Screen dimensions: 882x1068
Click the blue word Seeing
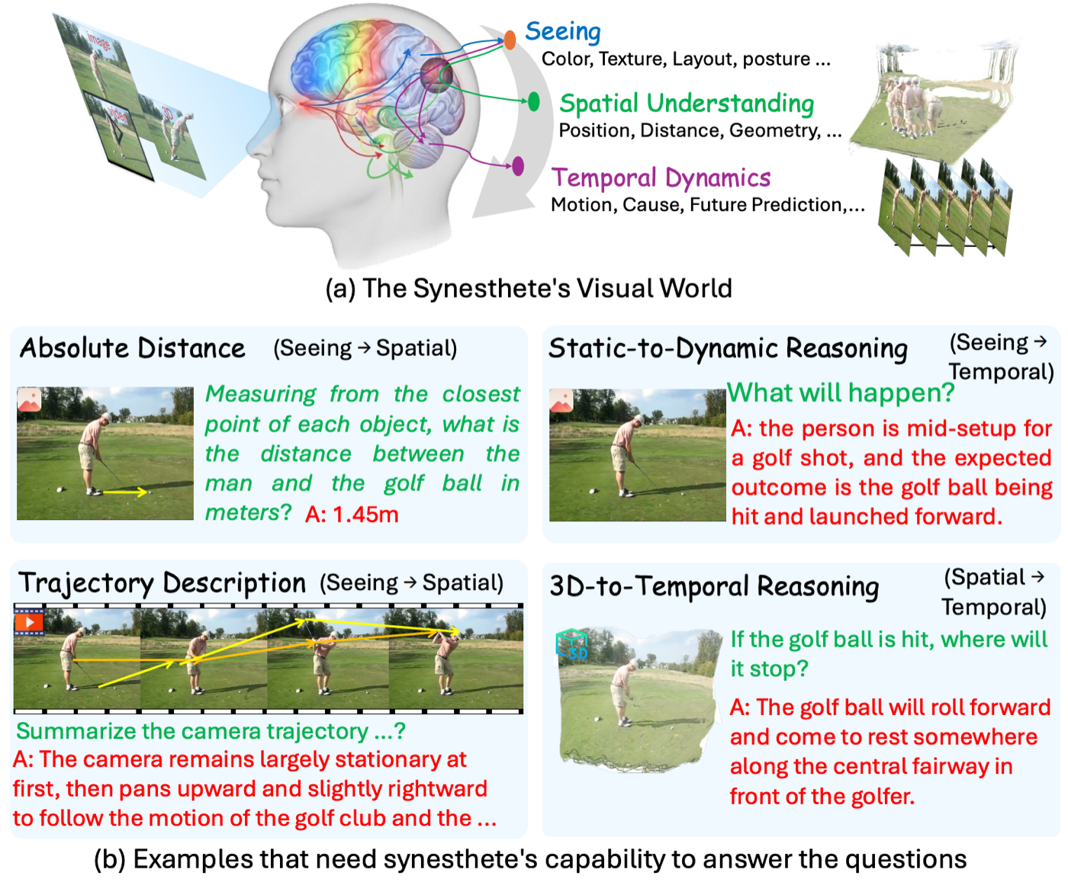click(563, 31)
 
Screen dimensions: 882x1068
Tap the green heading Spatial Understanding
click(687, 103)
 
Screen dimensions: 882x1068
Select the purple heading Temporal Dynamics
click(661, 178)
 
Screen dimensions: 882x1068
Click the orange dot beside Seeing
click(510, 40)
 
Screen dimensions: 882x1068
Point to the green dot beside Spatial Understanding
click(534, 101)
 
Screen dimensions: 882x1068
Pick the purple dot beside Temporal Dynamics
click(518, 165)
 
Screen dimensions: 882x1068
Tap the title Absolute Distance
click(133, 348)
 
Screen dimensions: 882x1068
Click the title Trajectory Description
click(162, 583)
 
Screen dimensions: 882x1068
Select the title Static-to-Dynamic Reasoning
click(728, 348)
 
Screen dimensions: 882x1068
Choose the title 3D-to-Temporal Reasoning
click(714, 586)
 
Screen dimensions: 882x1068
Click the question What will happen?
click(841, 393)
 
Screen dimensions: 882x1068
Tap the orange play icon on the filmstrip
click(29, 622)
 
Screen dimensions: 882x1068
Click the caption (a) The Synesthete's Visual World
click(529, 288)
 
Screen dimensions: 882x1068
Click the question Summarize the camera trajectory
click(211, 731)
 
